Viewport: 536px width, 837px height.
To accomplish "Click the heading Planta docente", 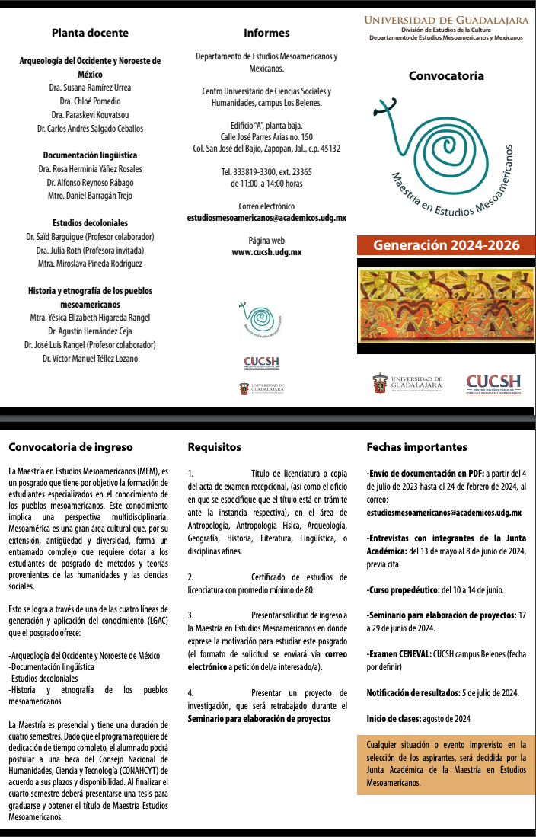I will pos(90,33).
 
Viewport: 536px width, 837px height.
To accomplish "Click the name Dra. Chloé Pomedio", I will pos(90,101).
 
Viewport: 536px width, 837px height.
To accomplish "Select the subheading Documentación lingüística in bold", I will pos(90,155).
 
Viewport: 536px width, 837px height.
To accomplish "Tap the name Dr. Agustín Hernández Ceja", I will pos(90,331).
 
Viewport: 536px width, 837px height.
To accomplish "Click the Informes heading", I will pos(266,33).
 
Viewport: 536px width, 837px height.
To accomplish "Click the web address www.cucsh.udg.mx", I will pos(266,252).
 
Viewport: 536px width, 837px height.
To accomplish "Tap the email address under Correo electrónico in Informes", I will pos(266,218).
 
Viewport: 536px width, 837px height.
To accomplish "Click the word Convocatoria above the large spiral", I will pos(446,76).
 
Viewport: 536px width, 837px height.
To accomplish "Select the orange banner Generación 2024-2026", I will pos(446,245).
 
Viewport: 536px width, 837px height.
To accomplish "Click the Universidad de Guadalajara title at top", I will pos(446,19).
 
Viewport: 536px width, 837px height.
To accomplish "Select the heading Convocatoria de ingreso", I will pos(60,447).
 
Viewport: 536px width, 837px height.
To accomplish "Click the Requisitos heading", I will pos(214,447).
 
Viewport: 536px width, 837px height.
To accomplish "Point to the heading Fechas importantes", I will pos(416,447).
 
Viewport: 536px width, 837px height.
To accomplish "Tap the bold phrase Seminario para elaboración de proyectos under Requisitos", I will pos(260,719).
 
